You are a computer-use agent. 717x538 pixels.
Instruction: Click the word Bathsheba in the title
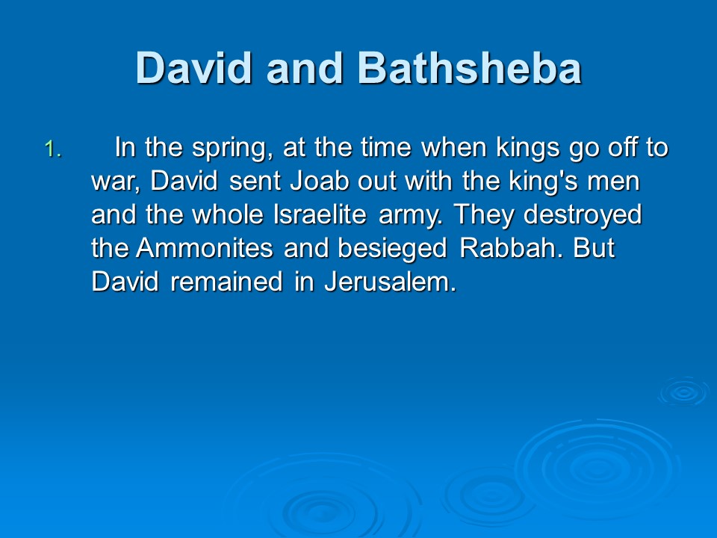click(469, 68)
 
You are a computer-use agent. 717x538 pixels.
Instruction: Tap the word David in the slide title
click(194, 68)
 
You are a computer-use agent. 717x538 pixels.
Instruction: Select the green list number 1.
click(53, 149)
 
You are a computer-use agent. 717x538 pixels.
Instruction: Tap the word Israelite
click(320, 214)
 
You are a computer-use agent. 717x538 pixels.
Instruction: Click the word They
click(484, 215)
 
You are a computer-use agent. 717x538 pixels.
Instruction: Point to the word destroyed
click(583, 215)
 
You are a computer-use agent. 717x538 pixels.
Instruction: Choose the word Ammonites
click(205, 248)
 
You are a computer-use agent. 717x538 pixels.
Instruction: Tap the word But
click(594, 248)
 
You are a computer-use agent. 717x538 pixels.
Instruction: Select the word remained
click(226, 282)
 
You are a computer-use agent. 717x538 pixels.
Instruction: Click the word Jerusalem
click(391, 282)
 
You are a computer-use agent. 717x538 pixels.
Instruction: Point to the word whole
click(228, 214)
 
